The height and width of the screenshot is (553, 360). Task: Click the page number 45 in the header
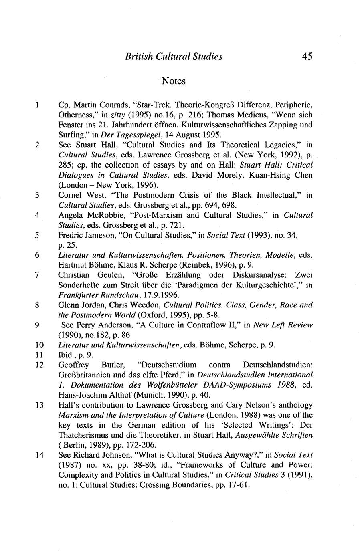[x=307, y=56]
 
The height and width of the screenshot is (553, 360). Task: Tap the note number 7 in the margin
[x=36, y=275]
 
